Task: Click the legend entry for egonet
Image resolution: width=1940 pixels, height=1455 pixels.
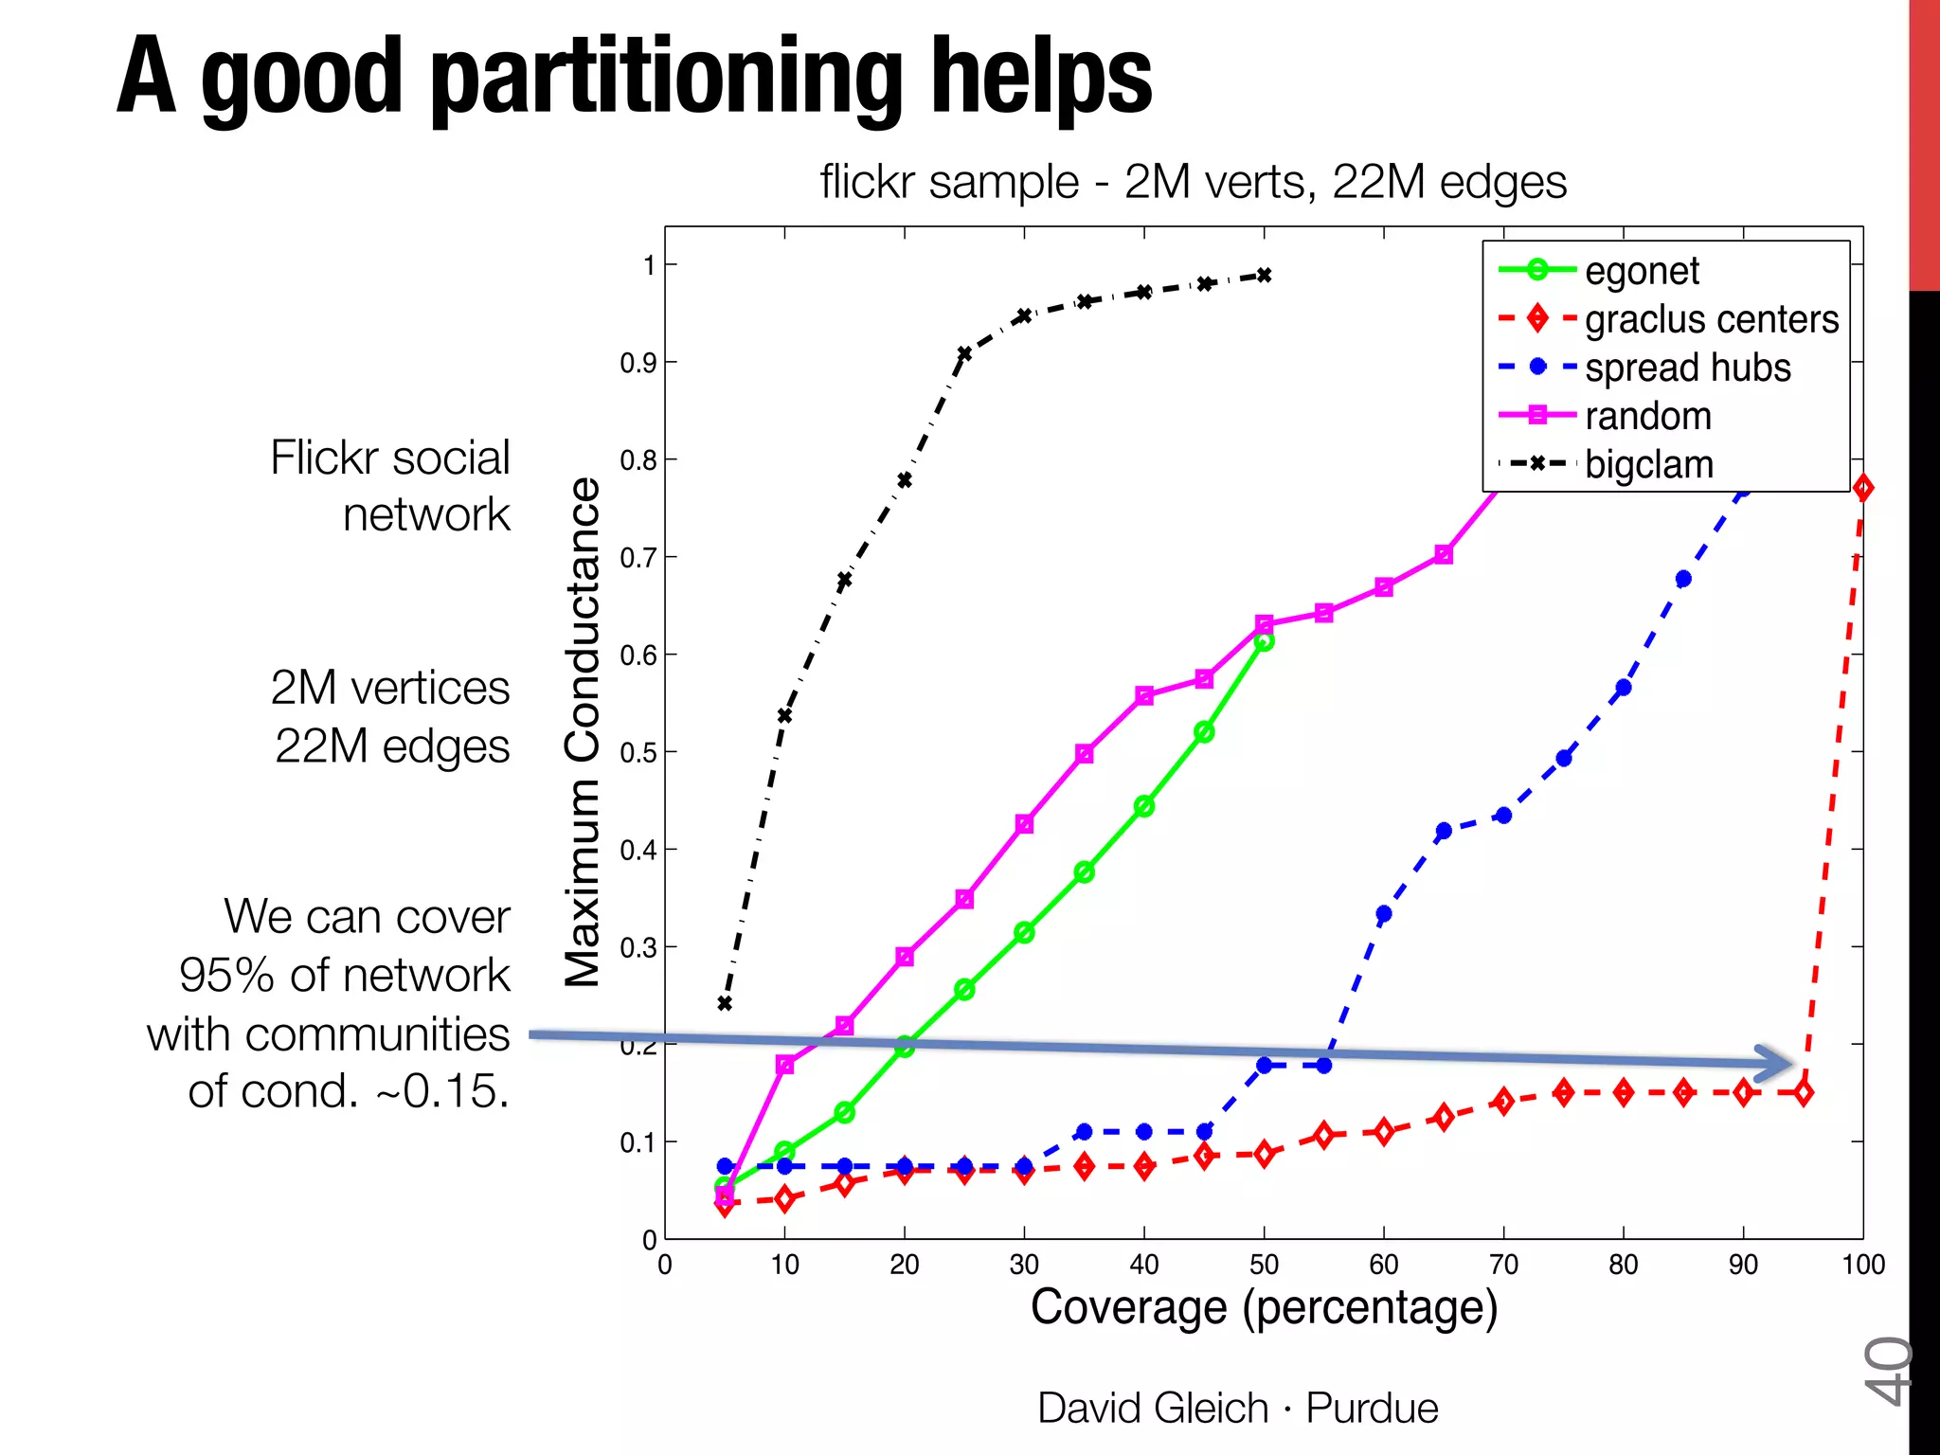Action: coord(1642,271)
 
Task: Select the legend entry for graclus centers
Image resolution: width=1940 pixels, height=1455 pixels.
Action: coord(1711,319)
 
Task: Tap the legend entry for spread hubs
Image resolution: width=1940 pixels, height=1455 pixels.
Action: coord(1687,368)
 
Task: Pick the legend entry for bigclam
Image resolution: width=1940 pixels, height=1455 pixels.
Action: coord(1648,464)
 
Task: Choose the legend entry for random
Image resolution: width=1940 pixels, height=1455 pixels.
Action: coord(1647,416)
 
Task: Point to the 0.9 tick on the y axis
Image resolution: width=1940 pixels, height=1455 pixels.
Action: coord(638,363)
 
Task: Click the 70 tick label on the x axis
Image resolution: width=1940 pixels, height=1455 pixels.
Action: coord(1503,1265)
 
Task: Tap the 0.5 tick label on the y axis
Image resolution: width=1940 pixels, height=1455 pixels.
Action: coord(638,753)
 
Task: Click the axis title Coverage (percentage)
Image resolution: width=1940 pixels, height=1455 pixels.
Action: coord(1264,1307)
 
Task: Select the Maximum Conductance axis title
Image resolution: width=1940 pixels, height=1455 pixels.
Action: coord(583,732)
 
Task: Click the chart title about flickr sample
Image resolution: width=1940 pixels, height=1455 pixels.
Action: coord(1193,181)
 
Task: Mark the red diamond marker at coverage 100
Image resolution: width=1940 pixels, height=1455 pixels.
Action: coord(1862,488)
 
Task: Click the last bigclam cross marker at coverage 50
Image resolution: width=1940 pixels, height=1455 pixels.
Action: coord(1264,276)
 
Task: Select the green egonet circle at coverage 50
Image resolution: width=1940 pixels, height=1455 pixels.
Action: coord(1264,641)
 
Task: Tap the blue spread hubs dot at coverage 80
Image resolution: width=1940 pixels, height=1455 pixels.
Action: coord(1624,688)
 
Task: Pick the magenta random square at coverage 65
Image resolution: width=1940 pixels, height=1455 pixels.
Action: coord(1444,555)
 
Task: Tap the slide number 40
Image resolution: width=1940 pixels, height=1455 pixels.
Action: coord(1888,1370)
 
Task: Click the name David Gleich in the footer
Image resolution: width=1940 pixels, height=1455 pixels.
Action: coord(1152,1408)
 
